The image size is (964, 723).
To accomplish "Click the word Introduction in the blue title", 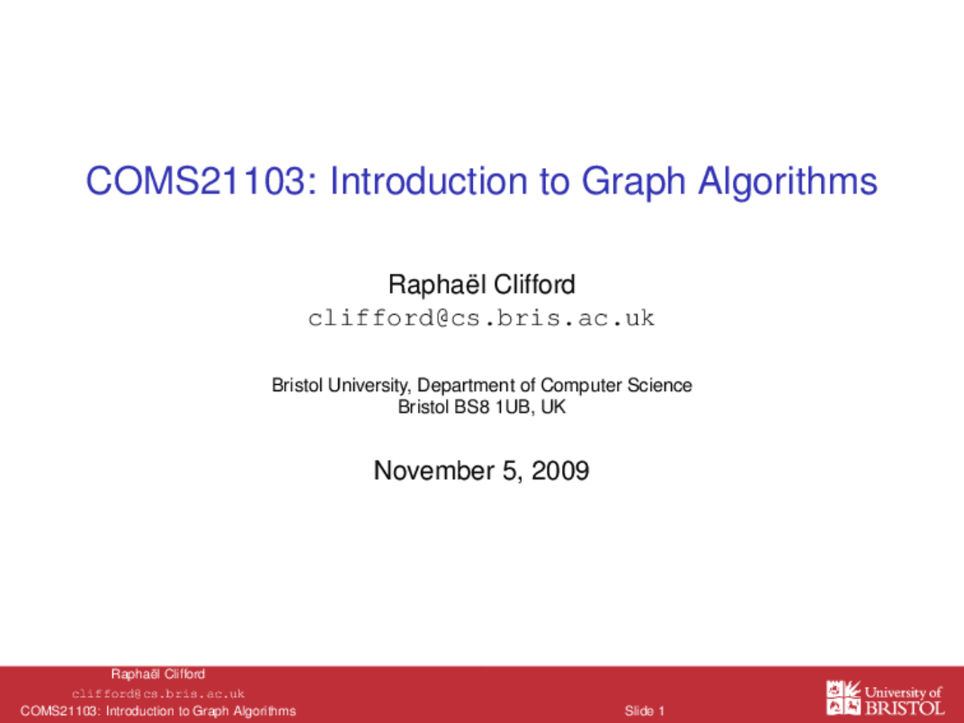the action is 429,181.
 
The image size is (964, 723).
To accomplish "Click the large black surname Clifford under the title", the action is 535,284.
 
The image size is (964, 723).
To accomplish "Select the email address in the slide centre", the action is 481,318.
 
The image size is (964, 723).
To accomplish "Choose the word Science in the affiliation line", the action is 660,385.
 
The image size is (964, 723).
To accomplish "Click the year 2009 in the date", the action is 560,470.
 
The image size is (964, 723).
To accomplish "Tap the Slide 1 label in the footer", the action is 644,710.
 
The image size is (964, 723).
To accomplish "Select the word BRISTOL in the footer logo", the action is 905,708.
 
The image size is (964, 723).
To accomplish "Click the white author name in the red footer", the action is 158,674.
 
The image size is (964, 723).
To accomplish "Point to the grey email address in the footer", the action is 158,694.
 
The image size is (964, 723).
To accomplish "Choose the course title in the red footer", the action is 158,711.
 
